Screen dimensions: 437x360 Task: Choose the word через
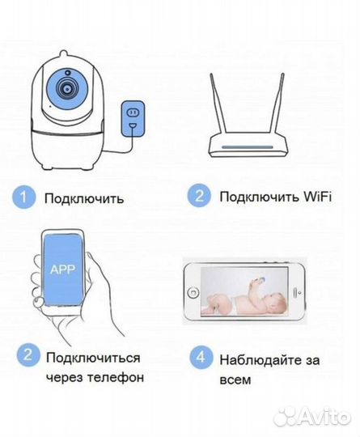(64, 377)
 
